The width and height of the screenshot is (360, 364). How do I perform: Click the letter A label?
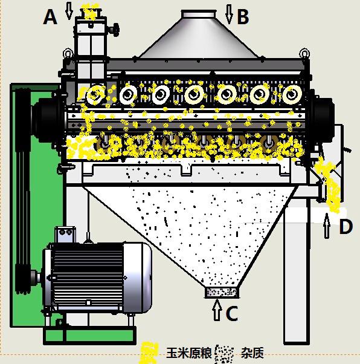(50, 17)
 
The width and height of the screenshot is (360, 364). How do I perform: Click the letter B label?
(243, 17)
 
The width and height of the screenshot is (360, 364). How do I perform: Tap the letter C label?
(232, 313)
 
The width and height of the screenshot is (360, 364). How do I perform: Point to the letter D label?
(346, 226)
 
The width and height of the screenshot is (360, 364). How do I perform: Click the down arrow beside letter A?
(69, 11)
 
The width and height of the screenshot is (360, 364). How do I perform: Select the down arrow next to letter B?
(229, 15)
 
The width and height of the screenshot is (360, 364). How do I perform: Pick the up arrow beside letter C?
(217, 310)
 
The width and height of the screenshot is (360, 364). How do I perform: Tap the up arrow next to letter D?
(327, 226)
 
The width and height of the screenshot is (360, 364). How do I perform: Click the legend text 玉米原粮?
(189, 353)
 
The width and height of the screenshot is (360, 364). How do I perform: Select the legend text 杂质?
(252, 353)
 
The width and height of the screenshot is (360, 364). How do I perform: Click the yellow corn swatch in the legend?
(149, 352)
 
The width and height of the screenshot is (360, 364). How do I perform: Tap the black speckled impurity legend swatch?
(224, 354)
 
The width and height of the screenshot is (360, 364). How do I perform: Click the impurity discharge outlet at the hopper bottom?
(222, 293)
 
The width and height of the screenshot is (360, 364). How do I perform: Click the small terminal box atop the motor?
(65, 235)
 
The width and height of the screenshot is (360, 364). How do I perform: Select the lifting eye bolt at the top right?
(304, 53)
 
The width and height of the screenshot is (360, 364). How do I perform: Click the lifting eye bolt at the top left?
(68, 53)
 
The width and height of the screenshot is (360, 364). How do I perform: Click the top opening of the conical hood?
(199, 14)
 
